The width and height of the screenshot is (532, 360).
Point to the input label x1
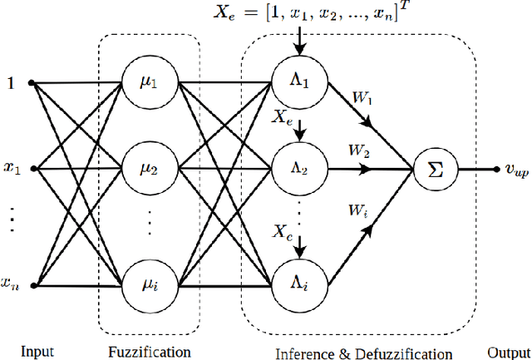[11, 170]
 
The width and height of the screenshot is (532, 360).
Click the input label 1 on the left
[11, 83]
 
